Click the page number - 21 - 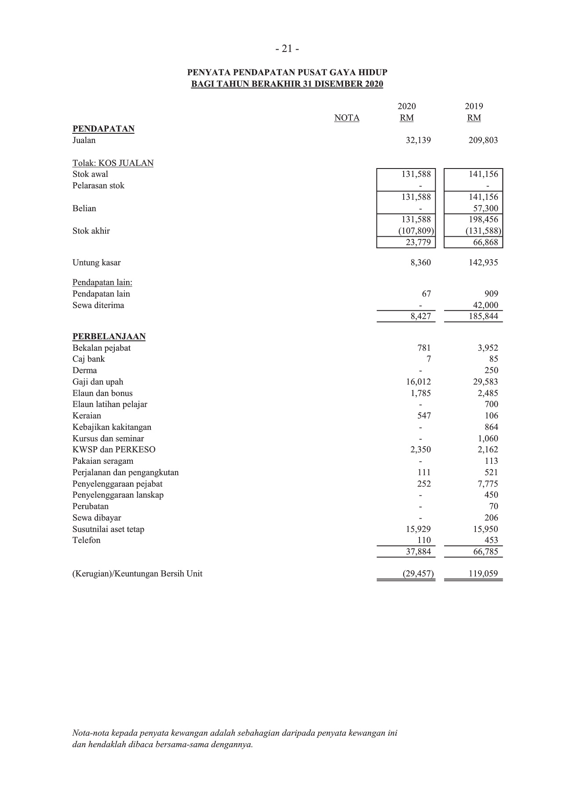click(287, 49)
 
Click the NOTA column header click(347, 118)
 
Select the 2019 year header click(474, 106)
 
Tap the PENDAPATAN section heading click(103, 129)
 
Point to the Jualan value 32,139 click(418, 140)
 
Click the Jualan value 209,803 click(483, 140)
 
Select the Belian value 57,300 click(485, 209)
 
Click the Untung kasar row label click(96, 263)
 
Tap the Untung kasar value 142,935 click(483, 263)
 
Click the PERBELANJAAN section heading click(109, 337)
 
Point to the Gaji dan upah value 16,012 click(418, 382)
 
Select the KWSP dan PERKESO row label click(114, 450)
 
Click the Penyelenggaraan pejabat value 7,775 click(488, 484)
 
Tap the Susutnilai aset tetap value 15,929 click(418, 529)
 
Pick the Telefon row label click(86, 540)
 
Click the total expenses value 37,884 click(418, 552)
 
